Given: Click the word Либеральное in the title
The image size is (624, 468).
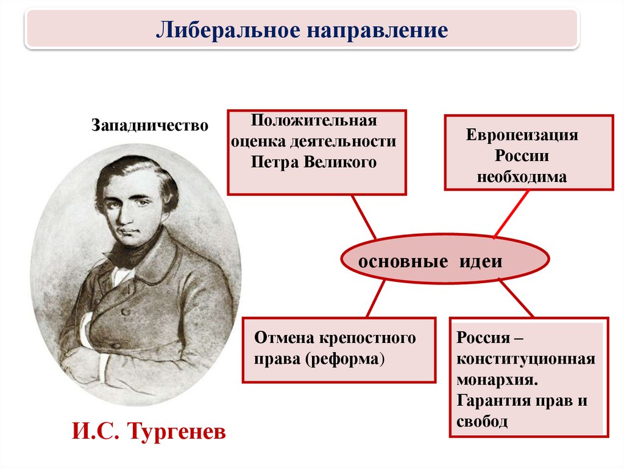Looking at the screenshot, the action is [228, 31].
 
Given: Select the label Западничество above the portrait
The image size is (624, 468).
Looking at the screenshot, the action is [150, 124].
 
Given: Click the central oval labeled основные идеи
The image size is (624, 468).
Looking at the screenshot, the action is [445, 259].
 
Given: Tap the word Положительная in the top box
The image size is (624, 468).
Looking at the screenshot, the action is [314, 120].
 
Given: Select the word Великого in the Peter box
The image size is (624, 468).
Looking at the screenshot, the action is [339, 162].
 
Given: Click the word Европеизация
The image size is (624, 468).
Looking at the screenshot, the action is [522, 135].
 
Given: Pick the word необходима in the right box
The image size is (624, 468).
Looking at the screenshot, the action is [522, 176].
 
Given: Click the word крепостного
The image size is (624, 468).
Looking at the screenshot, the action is [367, 338].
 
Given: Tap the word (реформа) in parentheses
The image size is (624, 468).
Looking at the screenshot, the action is [345, 359].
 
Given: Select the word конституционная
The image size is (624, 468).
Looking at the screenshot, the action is [526, 359].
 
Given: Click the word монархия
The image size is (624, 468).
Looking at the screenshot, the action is [497, 380].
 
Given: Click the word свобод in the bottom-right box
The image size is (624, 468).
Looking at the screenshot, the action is [482, 422].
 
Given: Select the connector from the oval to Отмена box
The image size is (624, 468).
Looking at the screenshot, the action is [375, 298].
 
